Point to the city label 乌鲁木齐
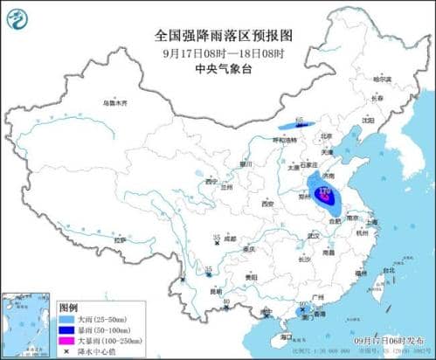point(114,103)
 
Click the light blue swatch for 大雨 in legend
point(68,319)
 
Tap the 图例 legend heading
point(68,308)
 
